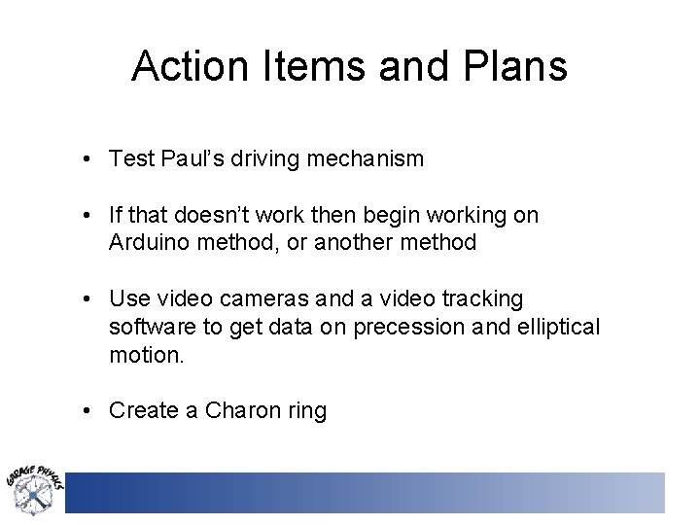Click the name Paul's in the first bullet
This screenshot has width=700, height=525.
[195, 159]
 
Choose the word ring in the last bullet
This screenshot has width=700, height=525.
[306, 410]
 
